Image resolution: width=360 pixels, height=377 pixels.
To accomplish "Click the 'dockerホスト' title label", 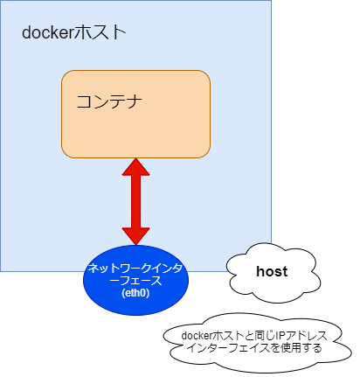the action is [74, 32].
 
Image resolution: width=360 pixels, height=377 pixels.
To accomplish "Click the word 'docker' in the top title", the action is [47, 32].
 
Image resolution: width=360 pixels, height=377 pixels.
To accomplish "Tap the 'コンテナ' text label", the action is [109, 101].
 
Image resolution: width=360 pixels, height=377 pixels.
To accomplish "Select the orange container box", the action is [135, 114].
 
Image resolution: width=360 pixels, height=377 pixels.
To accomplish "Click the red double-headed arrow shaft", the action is [135, 201].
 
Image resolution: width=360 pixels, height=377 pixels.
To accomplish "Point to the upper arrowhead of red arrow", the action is [135, 167].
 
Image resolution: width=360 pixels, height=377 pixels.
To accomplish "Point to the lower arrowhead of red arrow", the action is [135, 236].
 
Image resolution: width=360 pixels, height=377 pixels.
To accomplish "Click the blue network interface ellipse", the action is [135, 280].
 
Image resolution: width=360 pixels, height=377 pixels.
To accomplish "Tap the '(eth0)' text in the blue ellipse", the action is [135, 293].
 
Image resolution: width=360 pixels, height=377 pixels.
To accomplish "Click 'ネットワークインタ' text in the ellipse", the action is [135, 269].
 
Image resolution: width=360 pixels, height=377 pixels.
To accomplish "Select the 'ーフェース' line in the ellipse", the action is [135, 281].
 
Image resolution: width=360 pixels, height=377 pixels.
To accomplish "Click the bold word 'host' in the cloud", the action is [272, 271].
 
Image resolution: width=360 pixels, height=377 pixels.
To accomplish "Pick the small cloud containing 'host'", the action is [273, 273].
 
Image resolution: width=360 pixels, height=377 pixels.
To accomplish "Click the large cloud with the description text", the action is [258, 343].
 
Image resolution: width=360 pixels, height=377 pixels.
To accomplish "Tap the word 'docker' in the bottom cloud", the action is [197, 336].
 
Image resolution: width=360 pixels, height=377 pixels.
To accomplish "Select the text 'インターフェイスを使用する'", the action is [254, 348].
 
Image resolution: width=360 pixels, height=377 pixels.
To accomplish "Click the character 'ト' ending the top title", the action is [120, 32].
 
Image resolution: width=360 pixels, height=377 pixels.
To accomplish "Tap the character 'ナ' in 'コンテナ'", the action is [135, 101].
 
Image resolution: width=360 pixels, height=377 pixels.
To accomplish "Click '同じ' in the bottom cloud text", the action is [265, 336].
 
